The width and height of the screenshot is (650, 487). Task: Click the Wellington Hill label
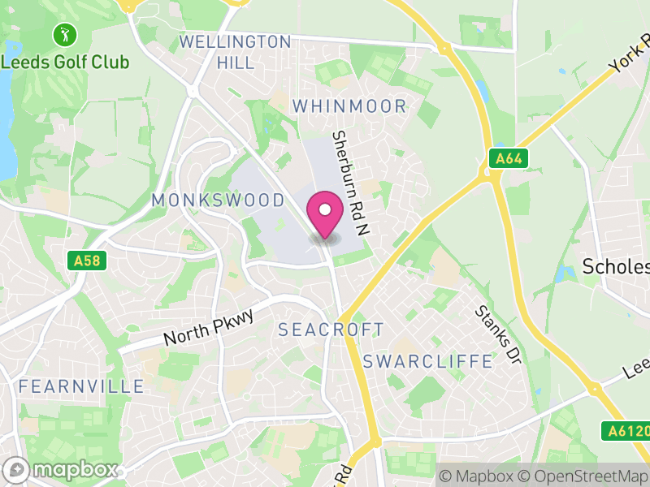coord(235,51)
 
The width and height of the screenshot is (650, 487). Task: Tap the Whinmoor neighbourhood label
coord(349,106)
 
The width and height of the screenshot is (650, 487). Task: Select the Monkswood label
coord(218,200)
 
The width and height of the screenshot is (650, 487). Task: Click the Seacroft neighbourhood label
coord(331,330)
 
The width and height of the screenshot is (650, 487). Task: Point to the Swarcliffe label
coord(428,361)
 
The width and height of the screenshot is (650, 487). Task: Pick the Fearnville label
coord(81,386)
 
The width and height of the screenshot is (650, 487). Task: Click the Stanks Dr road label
coord(496,335)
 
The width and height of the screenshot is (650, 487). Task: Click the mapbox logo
coord(62,469)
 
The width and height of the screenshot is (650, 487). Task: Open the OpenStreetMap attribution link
coord(584,475)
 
